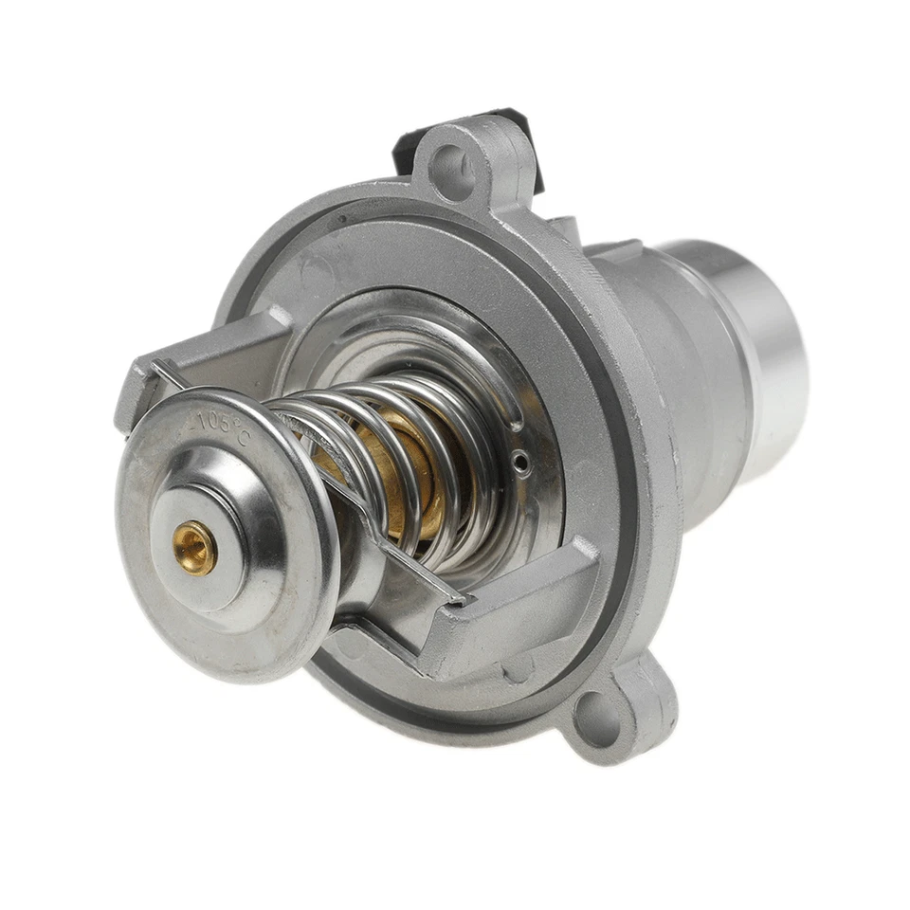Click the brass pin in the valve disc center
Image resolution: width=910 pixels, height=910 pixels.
click(x=194, y=548)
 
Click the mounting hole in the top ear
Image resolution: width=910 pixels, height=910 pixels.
click(x=454, y=173)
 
